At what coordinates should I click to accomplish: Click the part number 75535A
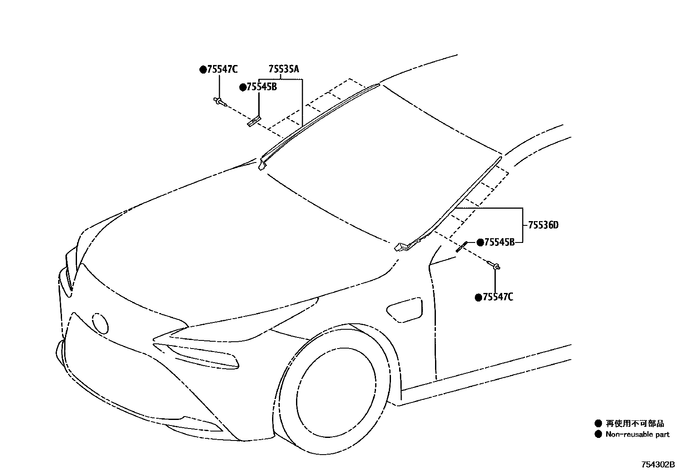coord(284,69)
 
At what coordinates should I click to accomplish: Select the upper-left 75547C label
coord(222,69)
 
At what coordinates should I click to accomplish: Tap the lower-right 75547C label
coord(497,297)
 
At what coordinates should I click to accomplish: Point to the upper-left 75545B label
coord(261,87)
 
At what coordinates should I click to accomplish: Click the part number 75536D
coord(543,225)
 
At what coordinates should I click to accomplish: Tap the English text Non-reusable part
coord(637,435)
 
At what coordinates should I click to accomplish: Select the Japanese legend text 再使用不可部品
coord(635,423)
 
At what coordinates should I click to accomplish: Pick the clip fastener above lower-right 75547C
coord(495,266)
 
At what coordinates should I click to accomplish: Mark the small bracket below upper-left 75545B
coord(254,121)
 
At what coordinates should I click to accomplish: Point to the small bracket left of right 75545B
coord(461,247)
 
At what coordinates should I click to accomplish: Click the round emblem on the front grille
coord(101,324)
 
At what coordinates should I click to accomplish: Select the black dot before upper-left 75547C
coord(203,70)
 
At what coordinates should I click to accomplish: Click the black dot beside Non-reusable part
coord(598,435)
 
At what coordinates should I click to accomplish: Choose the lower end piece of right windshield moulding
coord(402,247)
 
